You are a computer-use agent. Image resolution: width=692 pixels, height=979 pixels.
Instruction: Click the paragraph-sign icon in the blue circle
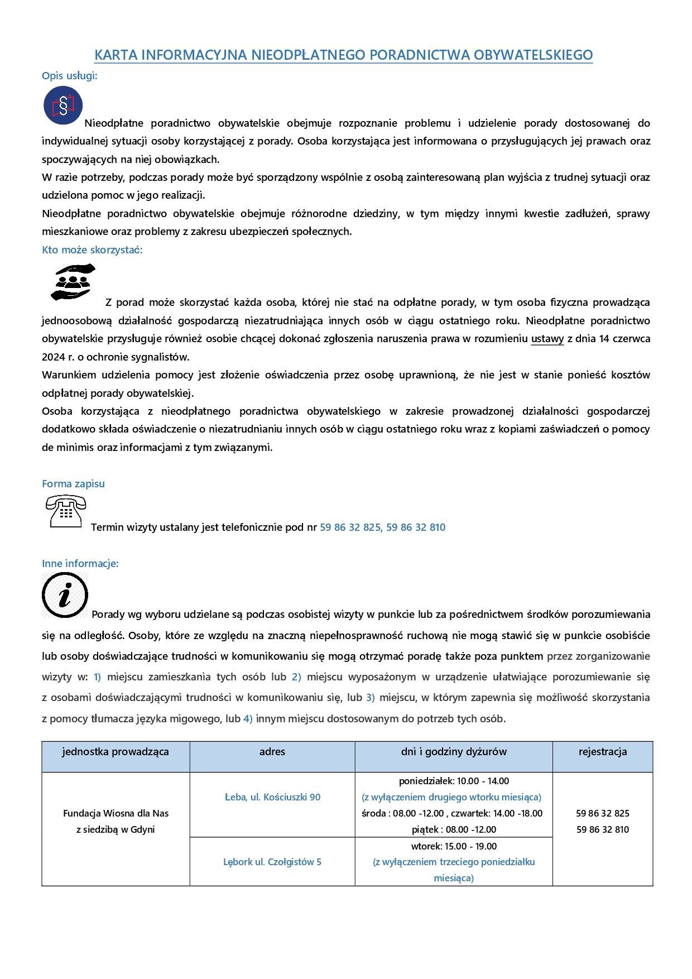point(63,105)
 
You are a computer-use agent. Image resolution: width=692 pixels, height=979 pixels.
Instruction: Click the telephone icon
point(66,511)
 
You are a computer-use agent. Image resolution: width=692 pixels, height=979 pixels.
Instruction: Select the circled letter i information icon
point(65,595)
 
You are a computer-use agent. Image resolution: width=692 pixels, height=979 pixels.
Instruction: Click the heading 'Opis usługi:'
point(70,76)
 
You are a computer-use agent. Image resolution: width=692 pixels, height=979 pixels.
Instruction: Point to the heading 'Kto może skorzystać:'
point(92,250)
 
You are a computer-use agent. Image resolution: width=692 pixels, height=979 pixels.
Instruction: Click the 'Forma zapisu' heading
point(73,484)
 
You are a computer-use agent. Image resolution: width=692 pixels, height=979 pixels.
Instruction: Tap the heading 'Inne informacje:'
point(80,564)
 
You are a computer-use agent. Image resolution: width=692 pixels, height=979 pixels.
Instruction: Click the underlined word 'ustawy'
point(547,339)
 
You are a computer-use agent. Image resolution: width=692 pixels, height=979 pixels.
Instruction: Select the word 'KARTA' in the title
point(114,55)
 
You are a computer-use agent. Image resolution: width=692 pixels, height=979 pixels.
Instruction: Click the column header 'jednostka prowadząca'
point(116,752)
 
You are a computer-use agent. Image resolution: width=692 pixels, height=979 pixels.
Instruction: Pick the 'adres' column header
point(272,752)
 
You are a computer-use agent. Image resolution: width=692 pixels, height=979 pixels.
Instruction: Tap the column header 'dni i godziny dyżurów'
point(454,752)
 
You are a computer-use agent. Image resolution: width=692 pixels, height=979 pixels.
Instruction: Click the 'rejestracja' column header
point(603,752)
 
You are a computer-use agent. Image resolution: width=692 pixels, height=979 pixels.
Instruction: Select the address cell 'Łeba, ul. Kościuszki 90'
point(272,797)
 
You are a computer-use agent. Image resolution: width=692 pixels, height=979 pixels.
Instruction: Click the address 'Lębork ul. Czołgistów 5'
point(272,862)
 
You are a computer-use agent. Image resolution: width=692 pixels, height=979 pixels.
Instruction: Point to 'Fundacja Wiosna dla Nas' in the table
point(116,813)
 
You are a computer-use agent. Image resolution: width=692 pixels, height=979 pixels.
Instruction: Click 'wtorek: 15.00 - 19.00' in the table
point(454,846)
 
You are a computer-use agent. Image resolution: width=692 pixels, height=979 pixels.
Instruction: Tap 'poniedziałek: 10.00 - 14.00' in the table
point(454,781)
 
